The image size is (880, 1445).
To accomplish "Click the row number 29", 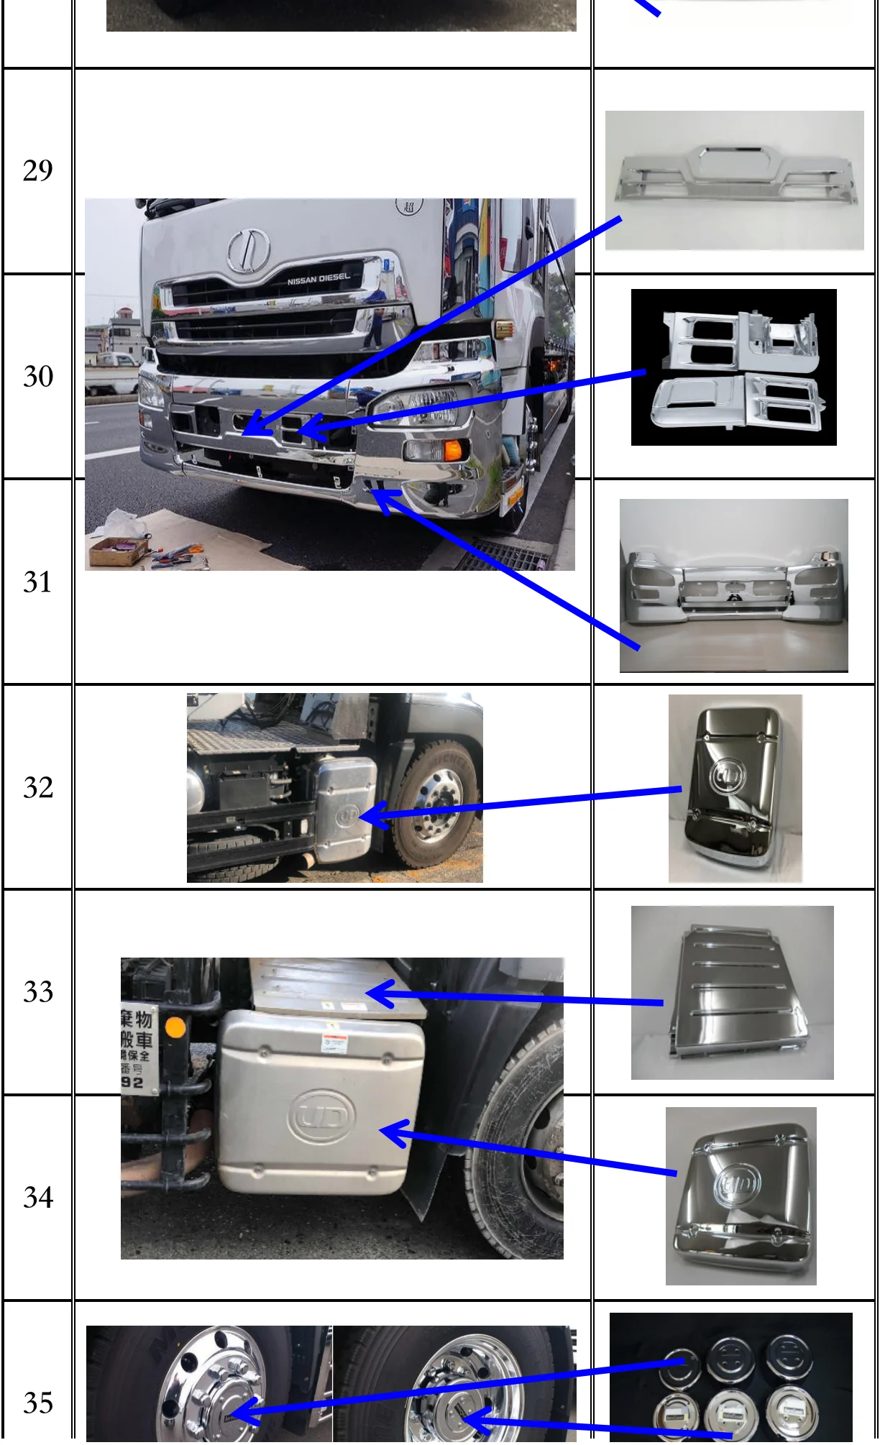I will [x=38, y=171].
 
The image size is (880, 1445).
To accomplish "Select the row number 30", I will [x=38, y=377].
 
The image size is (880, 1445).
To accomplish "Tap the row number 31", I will [x=38, y=582].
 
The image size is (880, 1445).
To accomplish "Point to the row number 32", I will [x=38, y=788].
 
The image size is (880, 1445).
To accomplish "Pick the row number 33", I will [x=38, y=993].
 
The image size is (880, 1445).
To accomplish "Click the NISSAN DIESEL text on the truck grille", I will [x=318, y=279].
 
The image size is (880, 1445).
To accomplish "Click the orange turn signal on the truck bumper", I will [x=452, y=451].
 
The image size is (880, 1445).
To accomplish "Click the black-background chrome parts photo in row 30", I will [x=734, y=367].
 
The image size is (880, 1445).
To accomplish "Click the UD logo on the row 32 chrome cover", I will [x=728, y=777].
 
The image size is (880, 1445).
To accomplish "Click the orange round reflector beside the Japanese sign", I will [x=175, y=1027].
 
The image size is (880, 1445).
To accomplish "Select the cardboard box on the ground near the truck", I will [x=118, y=551].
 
